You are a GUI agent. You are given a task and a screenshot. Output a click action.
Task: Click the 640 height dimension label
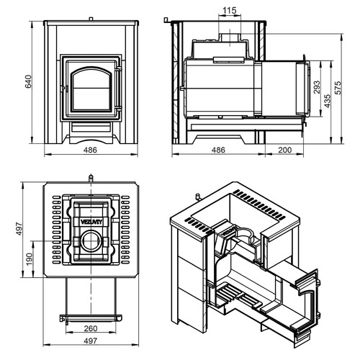[28, 81]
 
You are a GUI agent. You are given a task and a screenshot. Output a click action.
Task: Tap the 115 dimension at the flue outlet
[230, 10]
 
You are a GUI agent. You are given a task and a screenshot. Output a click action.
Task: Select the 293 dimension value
[317, 87]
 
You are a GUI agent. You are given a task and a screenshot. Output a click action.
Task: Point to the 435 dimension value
[328, 101]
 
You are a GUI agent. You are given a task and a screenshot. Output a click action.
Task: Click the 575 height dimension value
[338, 88]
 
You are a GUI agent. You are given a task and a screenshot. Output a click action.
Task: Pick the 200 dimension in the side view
[285, 150]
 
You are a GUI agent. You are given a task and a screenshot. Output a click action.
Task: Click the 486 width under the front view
[90, 150]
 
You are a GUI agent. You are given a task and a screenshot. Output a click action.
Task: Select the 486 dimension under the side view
[218, 150]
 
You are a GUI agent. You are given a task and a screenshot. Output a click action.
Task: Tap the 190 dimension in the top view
[29, 259]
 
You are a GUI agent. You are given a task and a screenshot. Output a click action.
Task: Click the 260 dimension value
[91, 328]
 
